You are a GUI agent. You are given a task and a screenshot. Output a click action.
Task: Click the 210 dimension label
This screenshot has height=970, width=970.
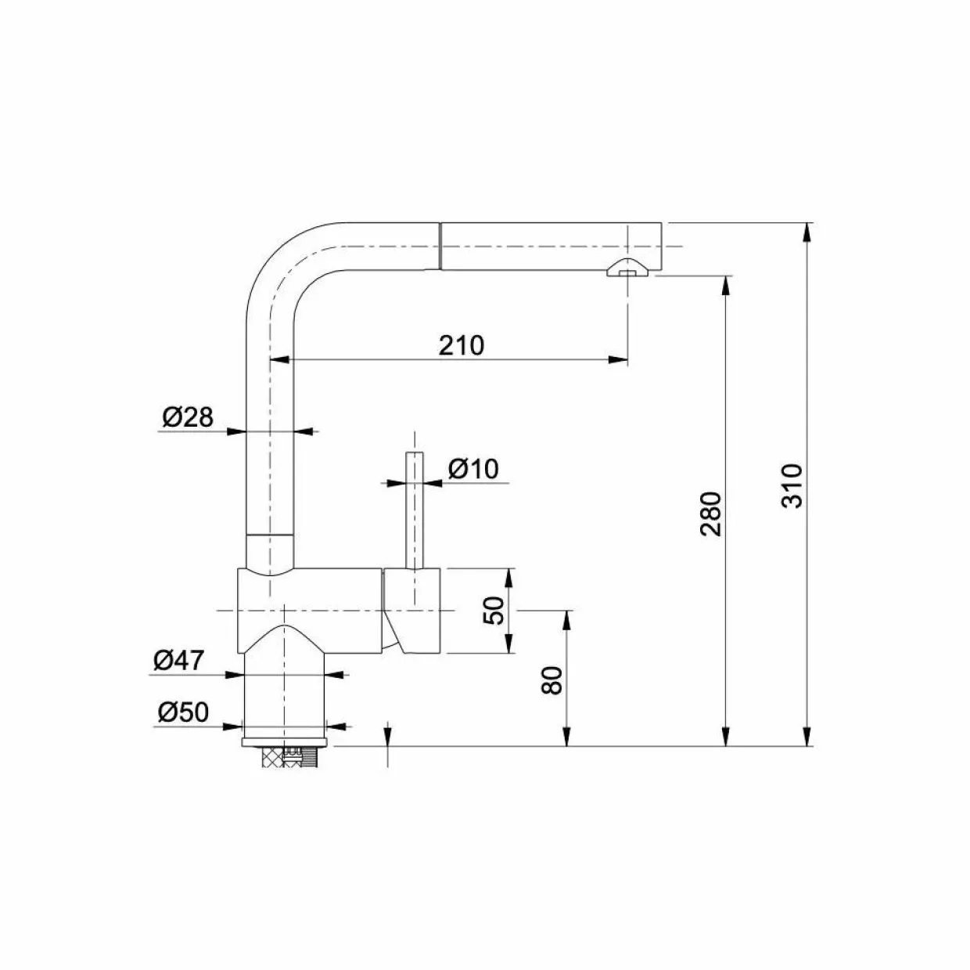pos(461,346)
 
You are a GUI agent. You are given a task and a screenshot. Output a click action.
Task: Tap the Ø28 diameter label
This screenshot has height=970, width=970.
pos(188,416)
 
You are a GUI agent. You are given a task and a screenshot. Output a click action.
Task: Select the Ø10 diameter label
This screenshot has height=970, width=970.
pos(473,469)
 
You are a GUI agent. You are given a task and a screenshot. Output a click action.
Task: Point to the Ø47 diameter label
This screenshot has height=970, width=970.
pos(178,660)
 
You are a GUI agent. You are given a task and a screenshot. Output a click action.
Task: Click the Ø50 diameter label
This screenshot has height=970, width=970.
pos(183,712)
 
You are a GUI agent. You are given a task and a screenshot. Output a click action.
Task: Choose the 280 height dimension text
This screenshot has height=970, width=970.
pos(711,514)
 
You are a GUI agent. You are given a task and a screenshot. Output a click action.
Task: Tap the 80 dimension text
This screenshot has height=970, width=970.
pos(552,681)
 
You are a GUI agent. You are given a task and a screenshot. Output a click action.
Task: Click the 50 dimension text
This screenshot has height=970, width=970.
pos(494,611)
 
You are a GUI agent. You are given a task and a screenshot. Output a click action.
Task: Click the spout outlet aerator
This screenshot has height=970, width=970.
pos(627,268)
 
